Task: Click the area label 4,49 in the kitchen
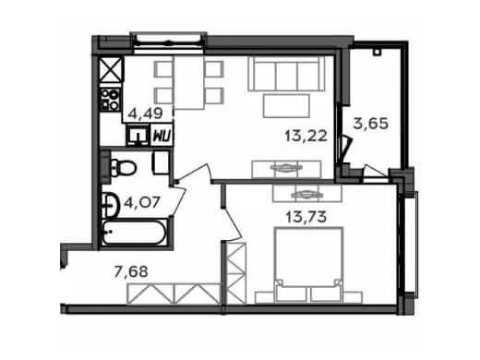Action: point(145,114)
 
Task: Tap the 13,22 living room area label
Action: point(306,136)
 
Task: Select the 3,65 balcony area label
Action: point(371,124)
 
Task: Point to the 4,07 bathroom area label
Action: point(142,203)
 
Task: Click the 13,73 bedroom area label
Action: point(306,217)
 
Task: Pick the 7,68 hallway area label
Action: point(131,271)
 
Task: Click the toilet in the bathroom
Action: point(123,168)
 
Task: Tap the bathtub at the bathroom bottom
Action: point(135,233)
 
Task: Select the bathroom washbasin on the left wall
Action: point(111,205)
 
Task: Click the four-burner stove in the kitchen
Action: point(111,100)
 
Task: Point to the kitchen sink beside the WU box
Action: point(138,135)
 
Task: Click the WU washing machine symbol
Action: point(162,136)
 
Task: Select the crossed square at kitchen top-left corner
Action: point(112,69)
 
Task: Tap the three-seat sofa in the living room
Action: point(286,73)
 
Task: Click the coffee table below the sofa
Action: point(286,106)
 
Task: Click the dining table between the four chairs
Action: point(189,82)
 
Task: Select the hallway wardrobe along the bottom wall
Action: point(174,294)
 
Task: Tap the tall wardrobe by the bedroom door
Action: point(236,273)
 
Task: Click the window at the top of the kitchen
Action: point(168,41)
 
